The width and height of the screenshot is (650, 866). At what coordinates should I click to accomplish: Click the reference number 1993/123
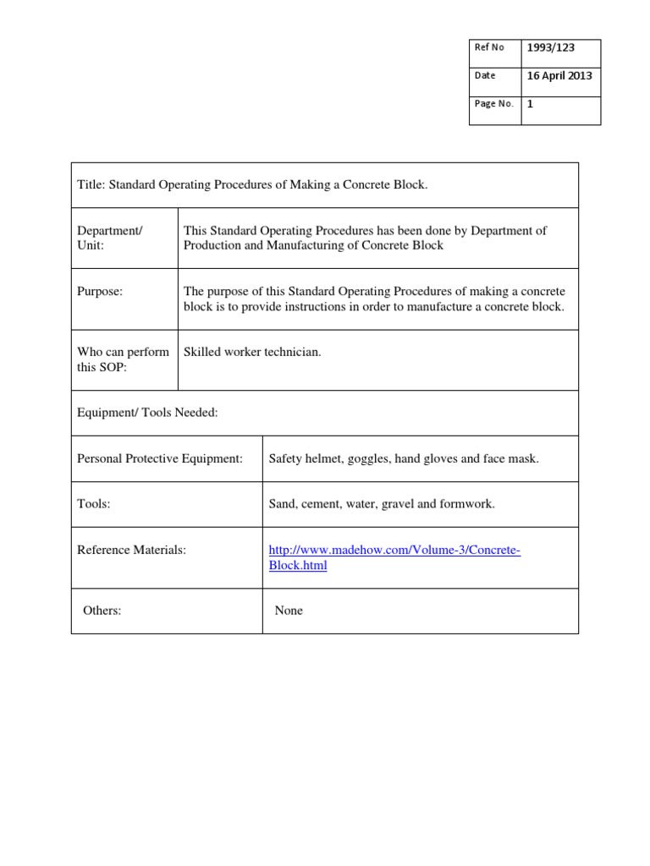550,48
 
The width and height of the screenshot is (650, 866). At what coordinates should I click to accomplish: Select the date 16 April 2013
559,75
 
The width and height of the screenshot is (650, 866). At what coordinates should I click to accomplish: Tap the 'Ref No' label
489,47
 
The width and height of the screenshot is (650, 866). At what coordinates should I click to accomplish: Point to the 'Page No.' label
494,104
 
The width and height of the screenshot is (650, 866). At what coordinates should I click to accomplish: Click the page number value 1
531,104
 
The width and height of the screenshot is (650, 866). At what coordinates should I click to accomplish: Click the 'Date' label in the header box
485,75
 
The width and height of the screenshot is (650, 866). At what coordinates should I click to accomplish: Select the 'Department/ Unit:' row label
110,238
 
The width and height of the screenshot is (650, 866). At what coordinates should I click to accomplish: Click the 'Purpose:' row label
100,291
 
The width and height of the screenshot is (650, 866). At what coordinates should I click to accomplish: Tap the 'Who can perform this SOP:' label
123,359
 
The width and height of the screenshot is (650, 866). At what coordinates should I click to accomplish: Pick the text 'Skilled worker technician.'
252,352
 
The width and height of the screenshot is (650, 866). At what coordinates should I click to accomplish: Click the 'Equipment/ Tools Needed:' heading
147,413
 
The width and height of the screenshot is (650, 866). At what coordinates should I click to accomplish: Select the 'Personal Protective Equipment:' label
160,458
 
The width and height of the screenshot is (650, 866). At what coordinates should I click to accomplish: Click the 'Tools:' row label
94,504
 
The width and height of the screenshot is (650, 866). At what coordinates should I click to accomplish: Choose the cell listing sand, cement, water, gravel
382,504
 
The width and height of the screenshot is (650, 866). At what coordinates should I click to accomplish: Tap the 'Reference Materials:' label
131,550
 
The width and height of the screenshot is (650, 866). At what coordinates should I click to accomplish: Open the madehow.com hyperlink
394,551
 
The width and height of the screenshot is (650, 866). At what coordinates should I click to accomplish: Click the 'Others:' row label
102,611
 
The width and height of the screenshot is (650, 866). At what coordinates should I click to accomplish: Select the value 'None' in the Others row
289,611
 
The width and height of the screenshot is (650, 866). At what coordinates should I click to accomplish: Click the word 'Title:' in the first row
92,184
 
